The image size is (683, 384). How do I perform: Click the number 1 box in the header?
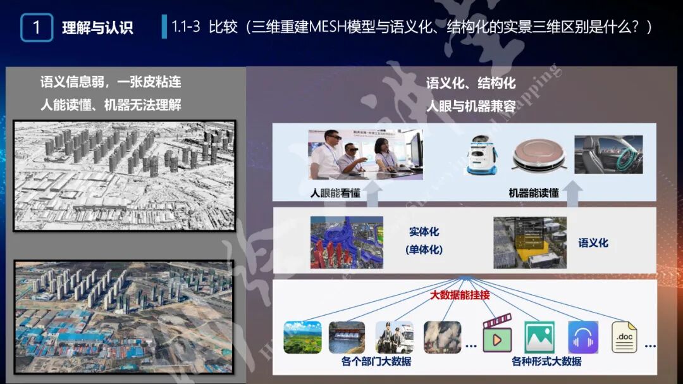37,28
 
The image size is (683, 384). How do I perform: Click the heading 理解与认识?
97,28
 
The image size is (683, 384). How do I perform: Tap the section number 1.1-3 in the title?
186,27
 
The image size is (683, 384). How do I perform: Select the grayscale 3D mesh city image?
125,175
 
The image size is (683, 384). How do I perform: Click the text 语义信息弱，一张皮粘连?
111,82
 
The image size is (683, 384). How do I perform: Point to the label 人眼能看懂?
335,193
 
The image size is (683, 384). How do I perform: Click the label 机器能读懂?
534,193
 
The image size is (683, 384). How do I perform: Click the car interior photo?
608,154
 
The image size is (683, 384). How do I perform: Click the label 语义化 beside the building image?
593,243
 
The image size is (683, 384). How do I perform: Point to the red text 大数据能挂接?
460,295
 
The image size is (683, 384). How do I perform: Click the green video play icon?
497,338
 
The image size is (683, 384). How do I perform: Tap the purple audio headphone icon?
582,338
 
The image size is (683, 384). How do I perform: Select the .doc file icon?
624,338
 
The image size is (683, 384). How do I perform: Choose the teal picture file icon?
539,338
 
